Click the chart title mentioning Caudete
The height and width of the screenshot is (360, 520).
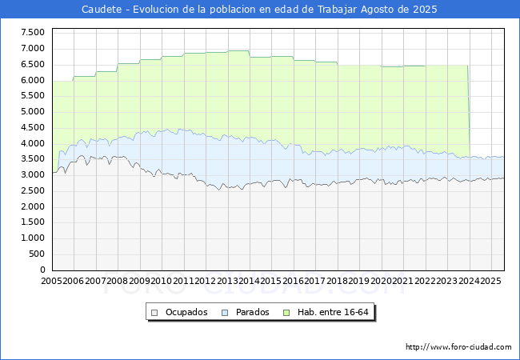260,10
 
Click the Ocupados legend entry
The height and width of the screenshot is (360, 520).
186,312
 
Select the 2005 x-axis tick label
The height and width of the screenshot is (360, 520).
52,282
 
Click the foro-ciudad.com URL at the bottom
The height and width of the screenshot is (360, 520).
458,347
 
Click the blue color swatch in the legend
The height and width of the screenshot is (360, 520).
226,312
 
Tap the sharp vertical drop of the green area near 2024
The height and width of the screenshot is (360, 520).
469,112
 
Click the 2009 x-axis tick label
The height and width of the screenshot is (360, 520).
140,282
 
